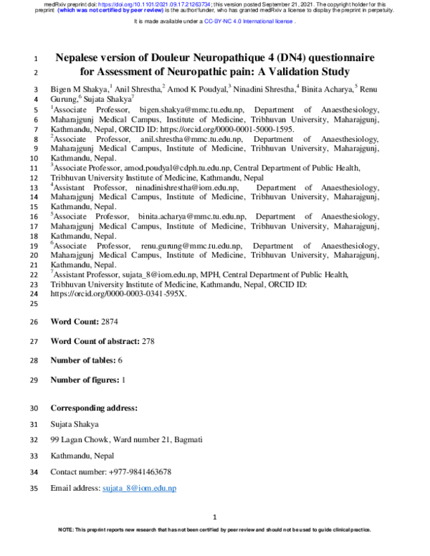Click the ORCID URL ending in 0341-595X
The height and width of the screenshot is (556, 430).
(x=118, y=294)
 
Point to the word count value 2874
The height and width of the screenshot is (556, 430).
(x=113, y=322)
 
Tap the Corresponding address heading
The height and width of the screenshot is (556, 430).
(x=93, y=408)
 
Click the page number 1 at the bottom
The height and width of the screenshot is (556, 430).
(x=215, y=517)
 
